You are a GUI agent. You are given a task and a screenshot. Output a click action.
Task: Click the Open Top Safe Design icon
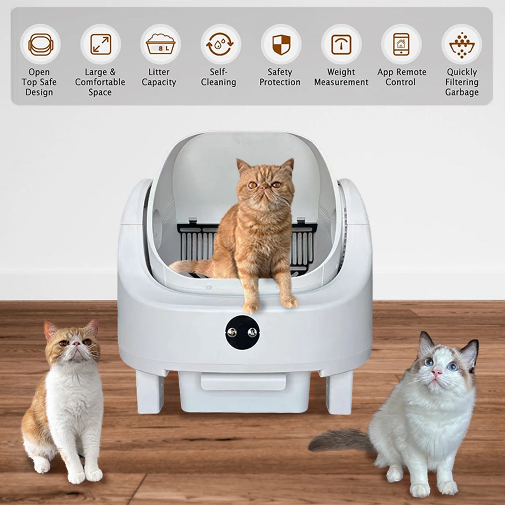[40, 44]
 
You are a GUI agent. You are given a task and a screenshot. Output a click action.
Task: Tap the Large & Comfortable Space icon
[101, 44]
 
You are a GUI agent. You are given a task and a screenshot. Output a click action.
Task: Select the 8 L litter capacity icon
[160, 44]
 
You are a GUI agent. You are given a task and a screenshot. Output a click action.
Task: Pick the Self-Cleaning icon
[221, 44]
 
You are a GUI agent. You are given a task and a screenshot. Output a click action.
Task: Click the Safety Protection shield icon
[281, 44]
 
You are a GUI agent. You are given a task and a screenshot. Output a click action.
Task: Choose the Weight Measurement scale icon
[341, 44]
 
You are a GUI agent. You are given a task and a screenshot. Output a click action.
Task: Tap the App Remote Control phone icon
[401, 44]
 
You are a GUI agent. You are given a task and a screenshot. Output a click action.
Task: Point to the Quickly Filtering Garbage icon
[461, 44]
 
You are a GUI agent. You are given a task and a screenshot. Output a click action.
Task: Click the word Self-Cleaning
[218, 77]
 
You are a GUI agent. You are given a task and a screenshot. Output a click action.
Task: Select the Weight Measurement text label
[341, 77]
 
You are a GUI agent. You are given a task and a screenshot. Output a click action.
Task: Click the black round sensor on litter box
[241, 332]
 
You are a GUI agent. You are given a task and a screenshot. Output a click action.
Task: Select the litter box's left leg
[150, 391]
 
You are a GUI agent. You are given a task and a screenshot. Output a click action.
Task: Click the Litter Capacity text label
[159, 77]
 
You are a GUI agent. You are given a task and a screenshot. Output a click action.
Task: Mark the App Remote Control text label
[402, 77]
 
